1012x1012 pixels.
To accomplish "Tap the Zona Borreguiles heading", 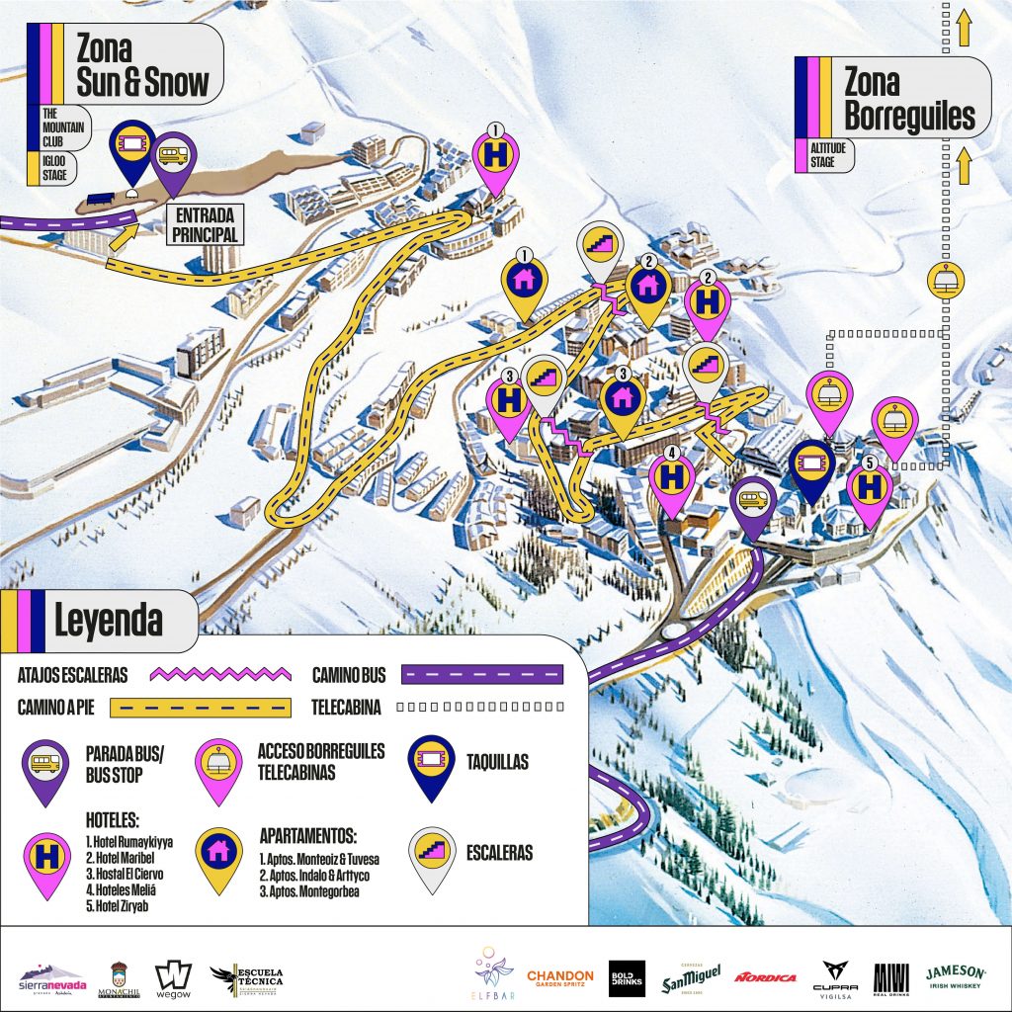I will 908,99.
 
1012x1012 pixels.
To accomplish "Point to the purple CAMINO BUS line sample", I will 481,675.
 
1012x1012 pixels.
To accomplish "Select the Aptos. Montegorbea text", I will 310,890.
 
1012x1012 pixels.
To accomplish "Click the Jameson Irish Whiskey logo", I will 956,976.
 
